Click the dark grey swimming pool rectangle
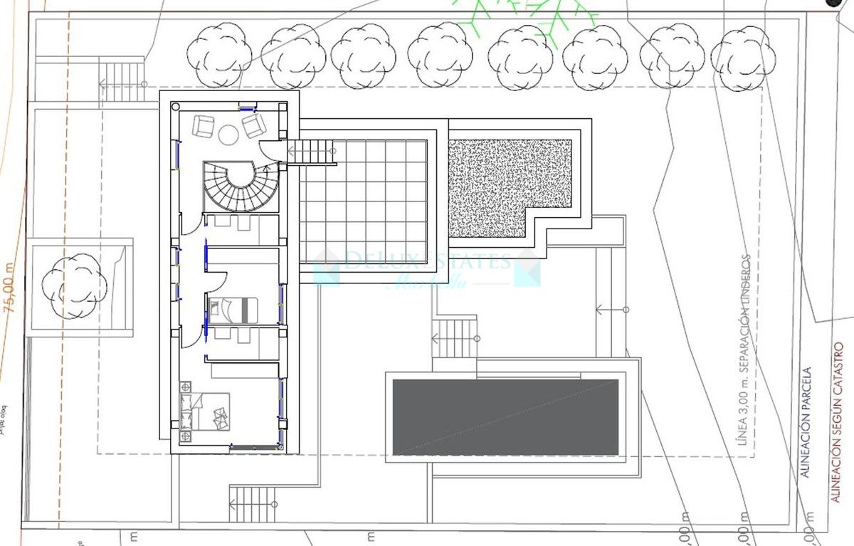click(x=505, y=416)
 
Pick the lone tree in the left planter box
click(x=74, y=285)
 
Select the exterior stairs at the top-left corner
click(x=121, y=81)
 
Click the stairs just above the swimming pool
click(x=454, y=338)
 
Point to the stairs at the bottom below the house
click(x=252, y=504)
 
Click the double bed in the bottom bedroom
click(x=213, y=411)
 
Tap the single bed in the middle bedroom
click(x=233, y=309)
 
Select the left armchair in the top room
click(x=205, y=127)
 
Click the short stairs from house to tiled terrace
click(x=312, y=152)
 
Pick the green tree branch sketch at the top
click(x=527, y=18)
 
